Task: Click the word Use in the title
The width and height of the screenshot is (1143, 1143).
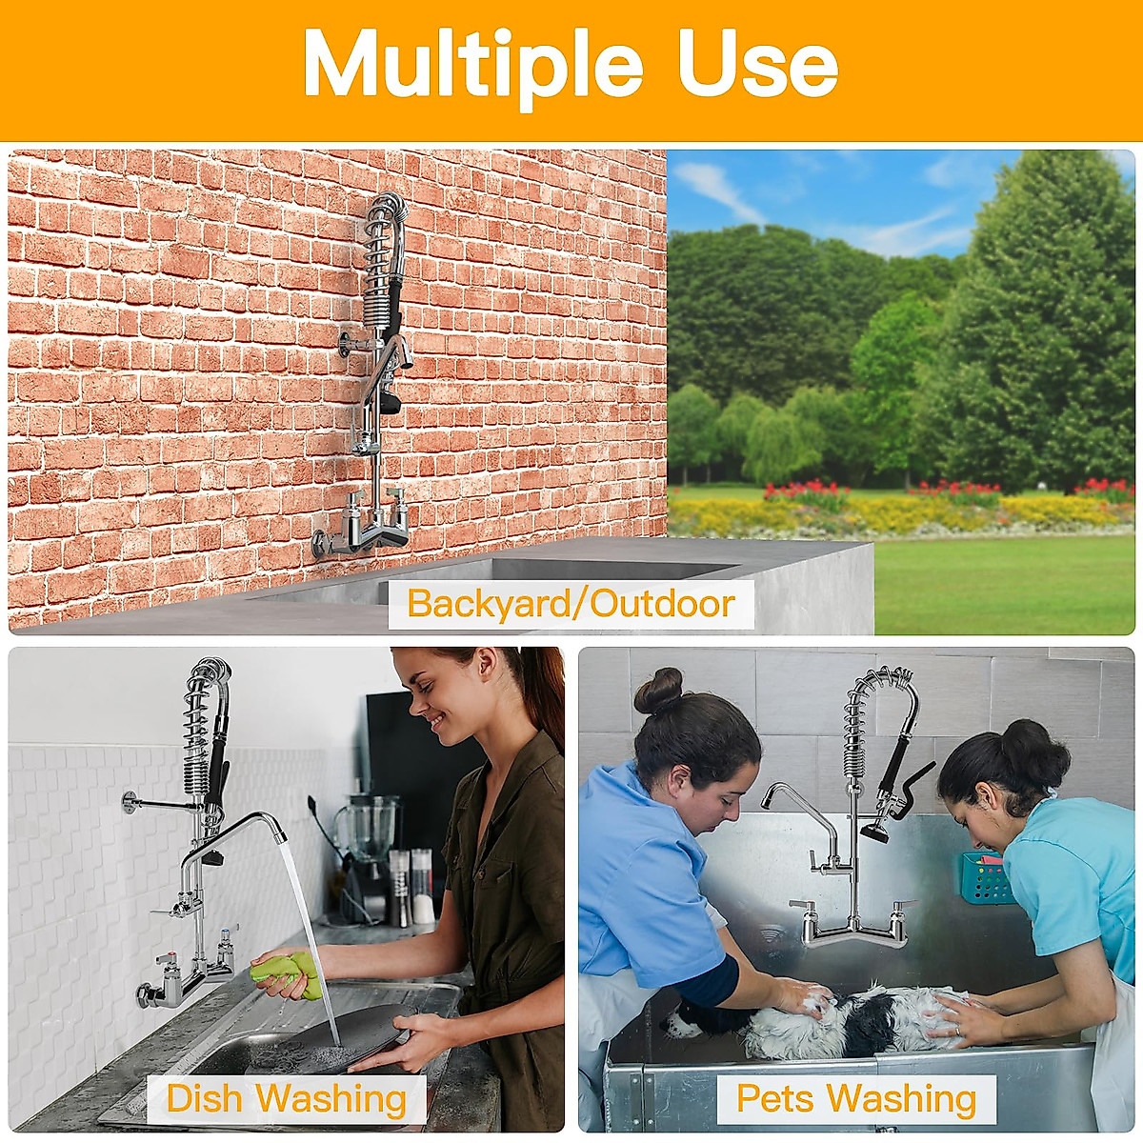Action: (757, 65)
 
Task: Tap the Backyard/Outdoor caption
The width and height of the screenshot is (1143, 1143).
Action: (571, 604)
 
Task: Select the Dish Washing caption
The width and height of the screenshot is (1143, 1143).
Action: (286, 1098)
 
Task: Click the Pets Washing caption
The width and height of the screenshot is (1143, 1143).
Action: (856, 1098)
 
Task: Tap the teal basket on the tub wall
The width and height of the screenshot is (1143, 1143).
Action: (984, 877)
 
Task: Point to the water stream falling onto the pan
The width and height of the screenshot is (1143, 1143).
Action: (310, 933)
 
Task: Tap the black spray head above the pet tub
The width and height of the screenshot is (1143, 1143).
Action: (874, 832)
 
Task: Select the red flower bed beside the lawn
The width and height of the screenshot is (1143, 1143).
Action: (806, 491)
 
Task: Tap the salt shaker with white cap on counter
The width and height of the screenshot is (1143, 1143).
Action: (421, 890)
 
